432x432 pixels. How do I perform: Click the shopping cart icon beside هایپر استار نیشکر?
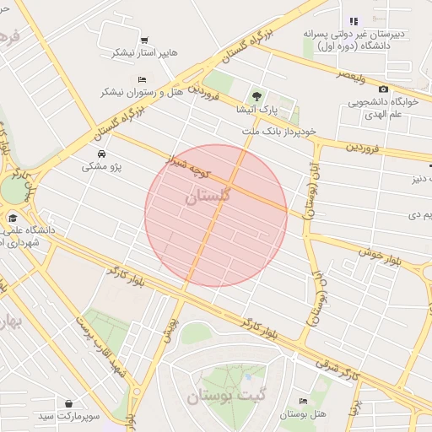144,40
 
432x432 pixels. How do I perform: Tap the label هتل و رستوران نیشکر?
137,90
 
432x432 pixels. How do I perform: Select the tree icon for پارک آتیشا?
256,95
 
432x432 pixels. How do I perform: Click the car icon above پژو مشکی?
101,154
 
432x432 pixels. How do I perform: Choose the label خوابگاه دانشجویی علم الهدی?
384,110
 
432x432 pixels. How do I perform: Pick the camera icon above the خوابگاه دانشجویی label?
384,89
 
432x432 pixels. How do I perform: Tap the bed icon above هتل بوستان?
304,401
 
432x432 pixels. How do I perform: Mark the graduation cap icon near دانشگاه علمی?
13,217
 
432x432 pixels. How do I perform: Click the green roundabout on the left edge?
12,189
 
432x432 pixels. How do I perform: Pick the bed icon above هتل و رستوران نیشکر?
142,78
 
